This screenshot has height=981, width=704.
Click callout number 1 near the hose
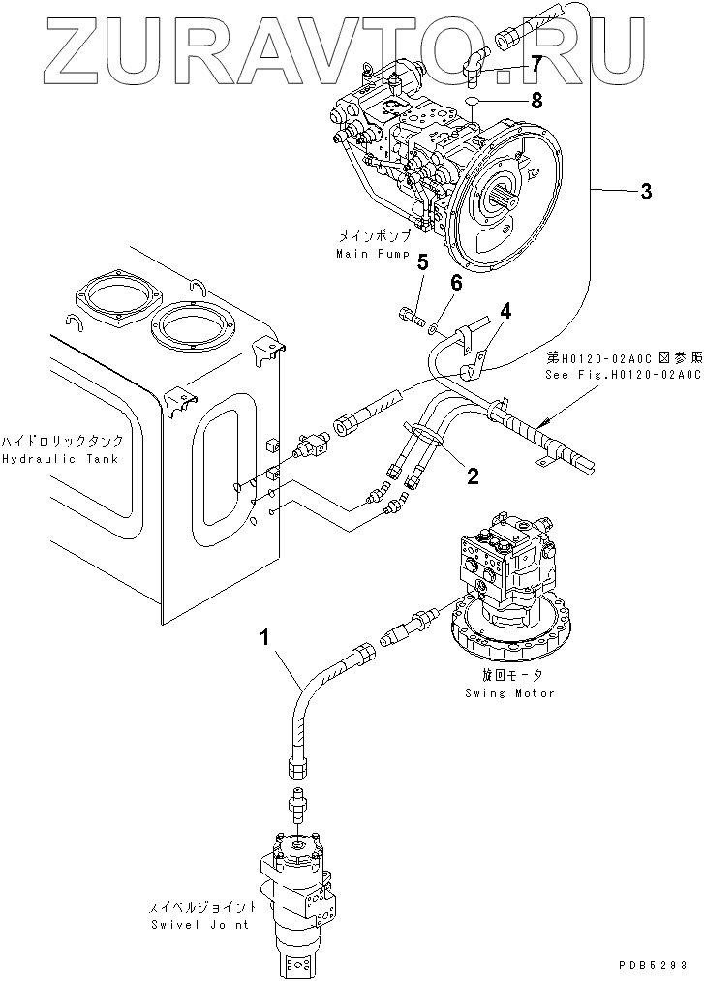coord(265,639)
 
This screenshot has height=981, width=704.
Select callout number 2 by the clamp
coord(473,476)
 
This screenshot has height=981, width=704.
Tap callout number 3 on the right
coord(645,190)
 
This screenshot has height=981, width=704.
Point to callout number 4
coord(505,309)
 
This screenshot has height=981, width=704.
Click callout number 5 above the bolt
coord(422,262)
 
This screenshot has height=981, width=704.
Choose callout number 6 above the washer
coord(455,283)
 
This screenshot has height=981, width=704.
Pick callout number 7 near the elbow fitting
coord(536,64)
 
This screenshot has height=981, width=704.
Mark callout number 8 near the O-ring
coord(536,100)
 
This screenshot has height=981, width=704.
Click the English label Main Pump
coord(373,254)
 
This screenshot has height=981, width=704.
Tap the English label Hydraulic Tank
coord(61,459)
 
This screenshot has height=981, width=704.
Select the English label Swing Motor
coord(509,693)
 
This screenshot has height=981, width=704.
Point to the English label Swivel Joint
coord(200,925)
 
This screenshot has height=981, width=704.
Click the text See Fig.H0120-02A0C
coord(624,374)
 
